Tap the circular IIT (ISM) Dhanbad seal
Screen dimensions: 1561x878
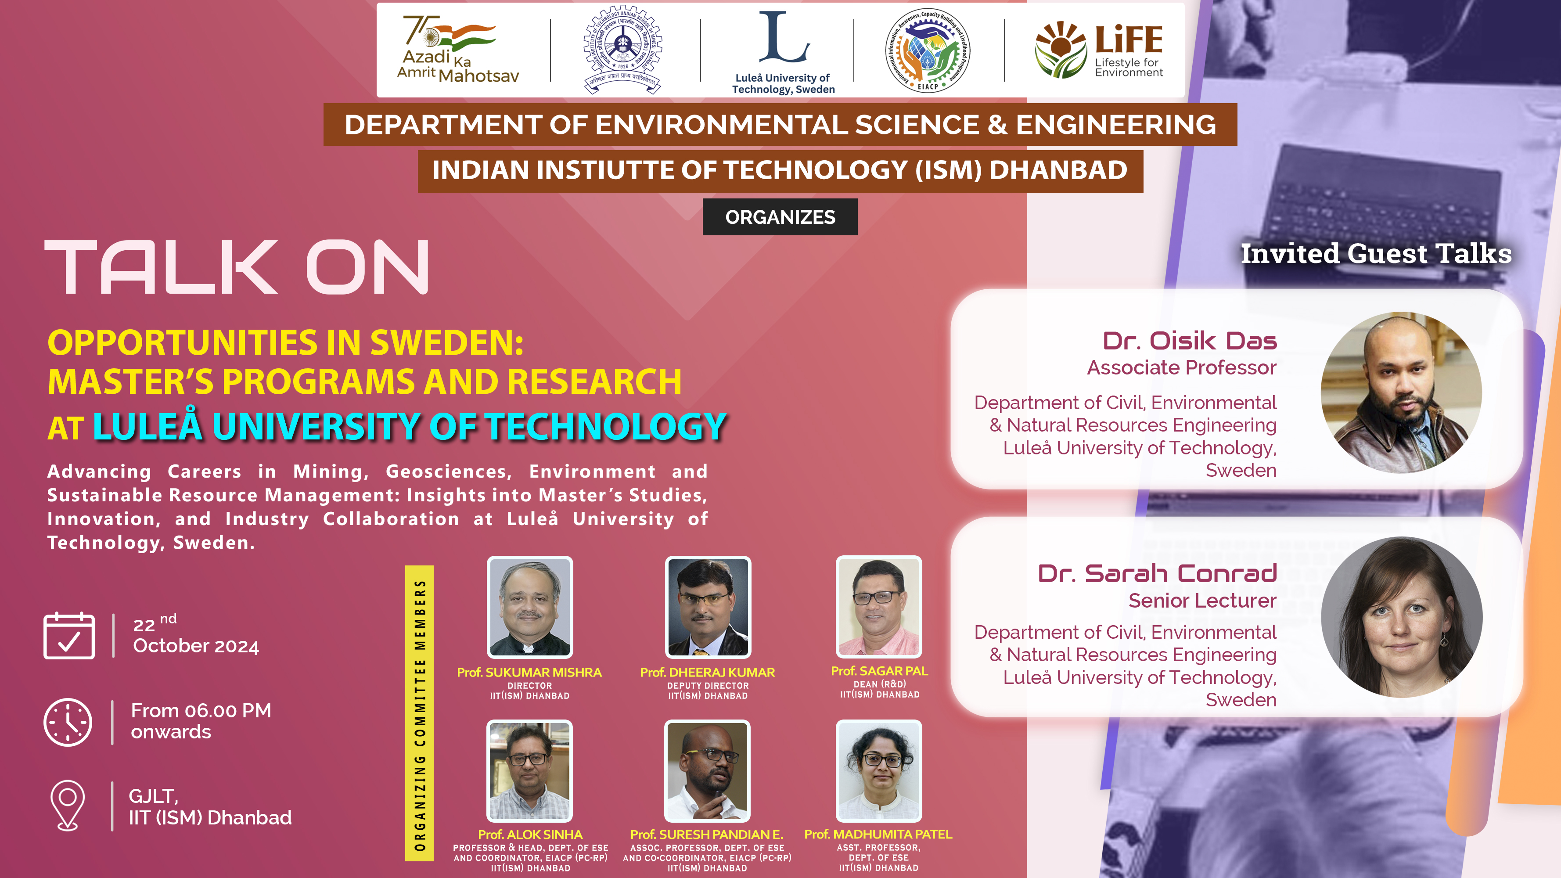(622, 50)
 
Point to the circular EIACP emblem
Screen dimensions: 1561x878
(927, 50)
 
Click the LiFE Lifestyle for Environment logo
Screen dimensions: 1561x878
(1099, 50)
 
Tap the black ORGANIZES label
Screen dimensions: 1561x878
(780, 217)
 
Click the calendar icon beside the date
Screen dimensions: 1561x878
(69, 636)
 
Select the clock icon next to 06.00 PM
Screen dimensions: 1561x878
(68, 722)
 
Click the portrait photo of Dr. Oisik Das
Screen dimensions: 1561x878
(1401, 392)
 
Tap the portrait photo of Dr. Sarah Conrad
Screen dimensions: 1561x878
(1402, 617)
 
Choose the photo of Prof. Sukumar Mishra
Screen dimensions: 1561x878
(529, 607)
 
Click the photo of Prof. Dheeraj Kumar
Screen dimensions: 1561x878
(708, 607)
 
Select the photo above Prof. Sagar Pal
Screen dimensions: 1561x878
(879, 607)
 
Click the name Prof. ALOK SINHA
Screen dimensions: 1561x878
(530, 835)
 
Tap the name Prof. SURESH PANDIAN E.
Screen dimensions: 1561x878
(707, 835)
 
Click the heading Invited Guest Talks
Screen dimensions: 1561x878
(1376, 253)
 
